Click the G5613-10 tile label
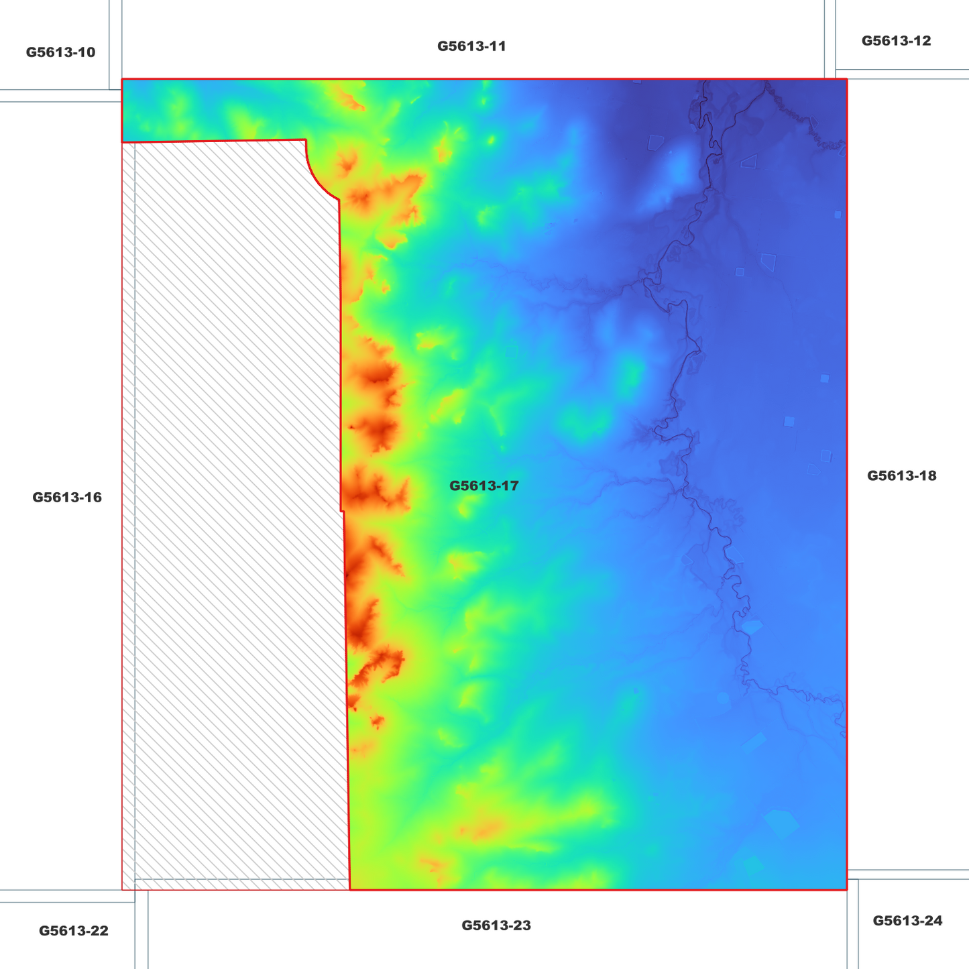click(60, 52)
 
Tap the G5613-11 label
click(471, 46)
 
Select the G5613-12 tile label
click(896, 41)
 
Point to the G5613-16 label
click(67, 498)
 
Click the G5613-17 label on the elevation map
click(483, 486)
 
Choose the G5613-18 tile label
click(901, 476)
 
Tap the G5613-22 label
click(73, 931)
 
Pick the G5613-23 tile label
click(496, 925)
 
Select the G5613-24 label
click(907, 921)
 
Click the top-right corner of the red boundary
click(847, 79)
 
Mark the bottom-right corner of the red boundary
click(847, 890)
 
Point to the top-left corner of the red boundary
click(122, 79)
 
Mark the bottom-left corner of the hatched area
click(122, 890)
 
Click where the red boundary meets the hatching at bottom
click(350, 890)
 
